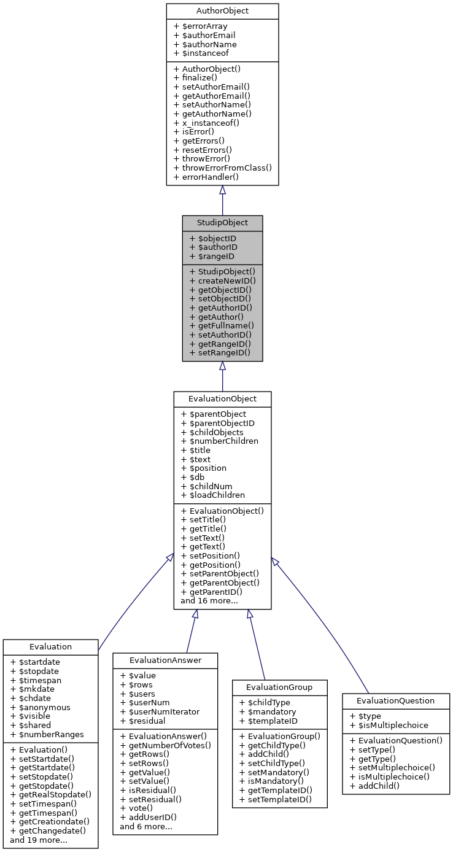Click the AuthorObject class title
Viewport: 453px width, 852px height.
(x=222, y=11)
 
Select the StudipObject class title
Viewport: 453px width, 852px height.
(x=222, y=223)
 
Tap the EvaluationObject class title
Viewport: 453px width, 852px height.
(x=222, y=399)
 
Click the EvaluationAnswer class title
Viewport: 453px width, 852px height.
(x=165, y=660)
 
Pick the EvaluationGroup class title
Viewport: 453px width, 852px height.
(x=279, y=687)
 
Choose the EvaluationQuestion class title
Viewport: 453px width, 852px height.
(x=396, y=700)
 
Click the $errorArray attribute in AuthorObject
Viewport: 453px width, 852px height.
(x=200, y=26)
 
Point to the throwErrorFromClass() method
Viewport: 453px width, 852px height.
(x=222, y=168)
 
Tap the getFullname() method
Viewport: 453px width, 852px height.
(x=221, y=325)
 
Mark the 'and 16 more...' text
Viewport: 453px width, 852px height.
(x=209, y=601)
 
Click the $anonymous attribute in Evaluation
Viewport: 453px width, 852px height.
(x=40, y=707)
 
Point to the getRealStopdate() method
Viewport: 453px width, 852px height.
(x=50, y=794)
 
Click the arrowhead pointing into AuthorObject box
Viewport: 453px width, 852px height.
(x=222, y=190)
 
